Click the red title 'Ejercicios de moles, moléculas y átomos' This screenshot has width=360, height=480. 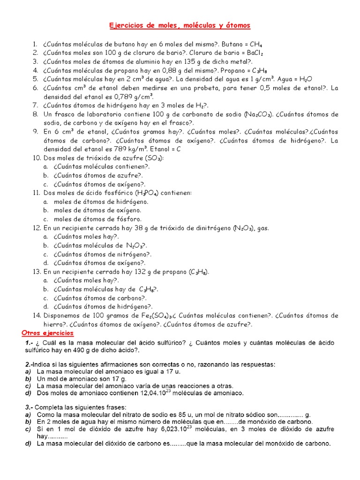click(x=180, y=25)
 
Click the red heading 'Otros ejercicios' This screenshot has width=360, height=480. click(x=48, y=333)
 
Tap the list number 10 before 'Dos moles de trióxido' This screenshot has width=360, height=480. click(x=37, y=158)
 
